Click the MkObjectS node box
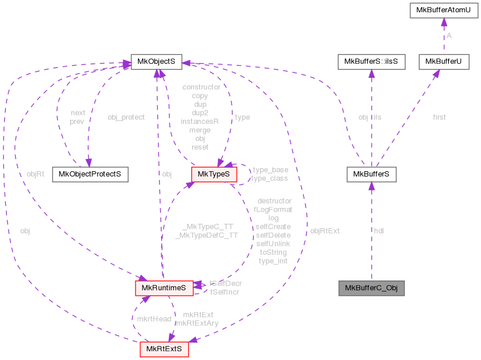tap(156, 61)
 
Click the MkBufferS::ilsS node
tap(371, 61)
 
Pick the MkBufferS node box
tap(371, 174)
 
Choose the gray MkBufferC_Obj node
tap(371, 288)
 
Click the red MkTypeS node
tap(214, 174)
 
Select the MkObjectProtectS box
tap(90, 174)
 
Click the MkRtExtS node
tap(164, 349)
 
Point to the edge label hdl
tap(378, 231)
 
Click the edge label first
tap(439, 117)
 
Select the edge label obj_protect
tap(126, 117)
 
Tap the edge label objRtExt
tap(324, 231)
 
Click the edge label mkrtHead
tap(153, 319)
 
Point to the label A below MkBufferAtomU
tap(449, 36)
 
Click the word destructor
tap(274, 200)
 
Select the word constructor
tap(201, 87)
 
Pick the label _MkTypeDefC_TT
tap(206, 235)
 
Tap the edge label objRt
tap(36, 174)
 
